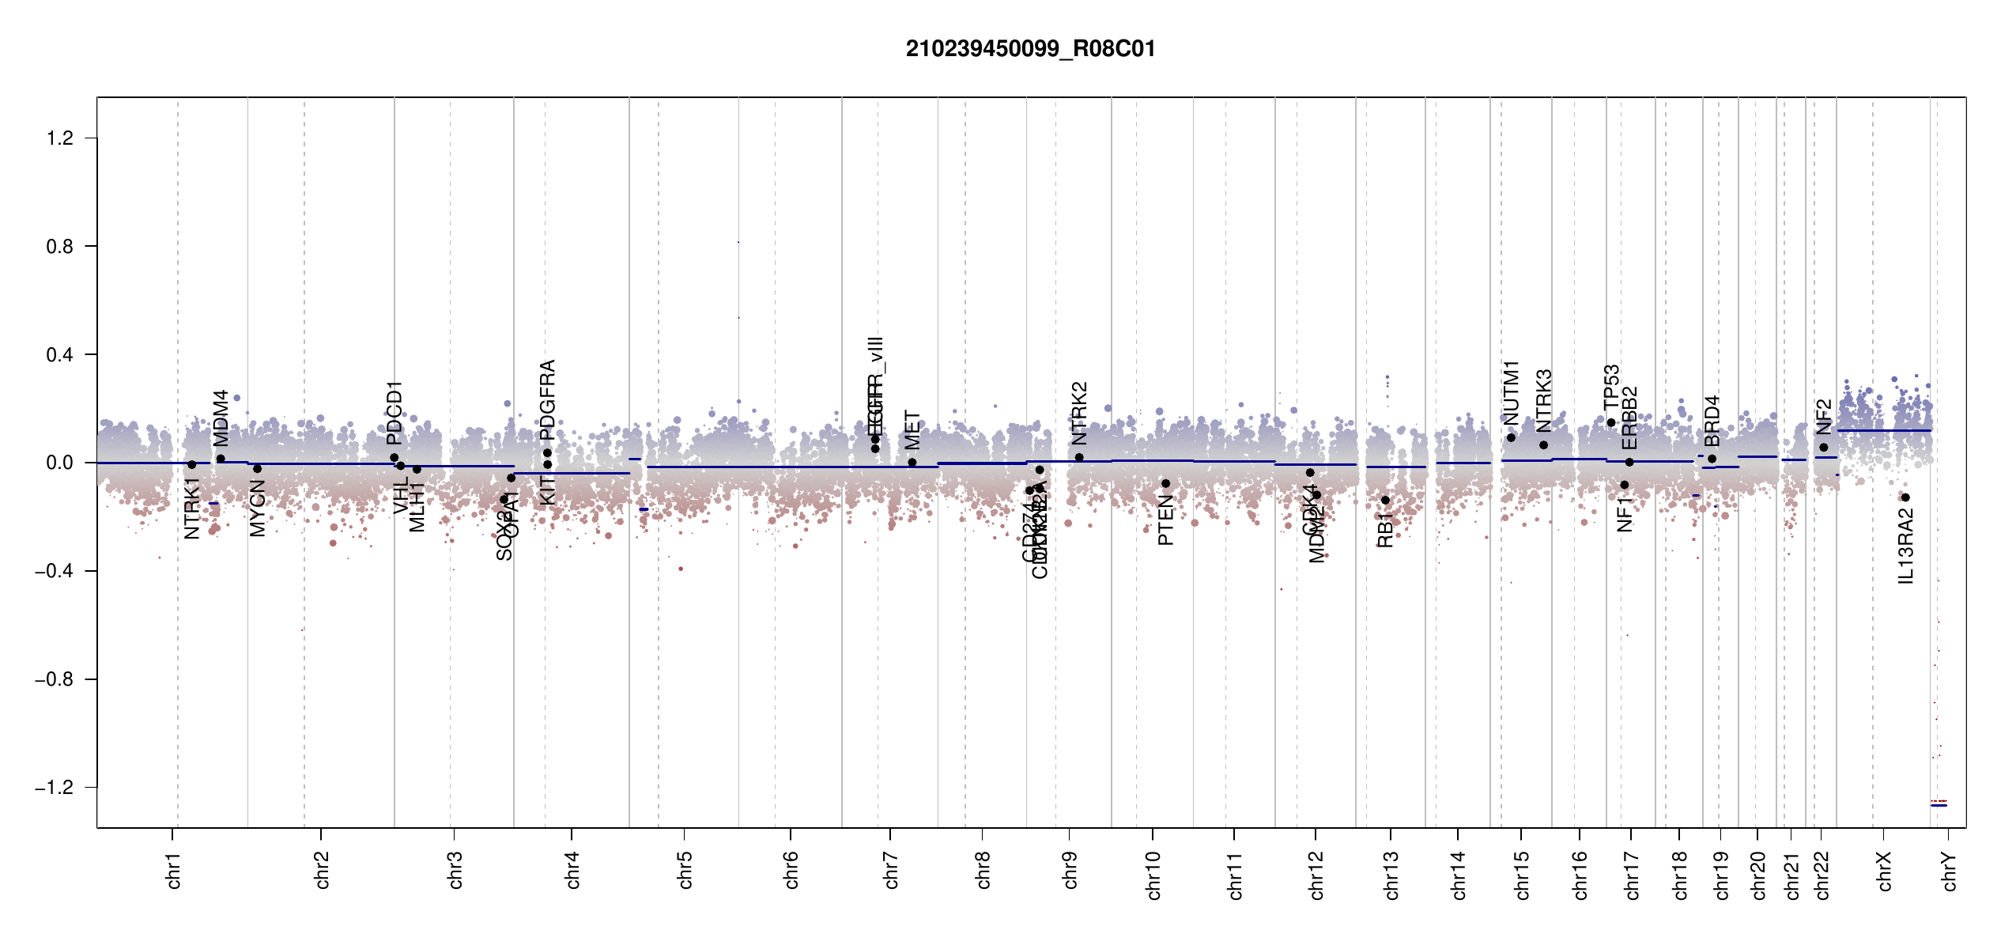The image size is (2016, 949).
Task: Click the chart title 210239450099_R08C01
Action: [1030, 49]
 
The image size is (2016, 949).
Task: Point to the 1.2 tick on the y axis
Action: [60, 138]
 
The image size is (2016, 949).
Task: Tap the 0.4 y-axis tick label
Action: [60, 355]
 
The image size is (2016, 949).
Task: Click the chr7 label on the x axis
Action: [891, 870]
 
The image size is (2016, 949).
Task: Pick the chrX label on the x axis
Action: [1884, 871]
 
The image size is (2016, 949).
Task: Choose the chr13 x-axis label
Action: [1391, 875]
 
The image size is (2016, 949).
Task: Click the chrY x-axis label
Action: [1950, 871]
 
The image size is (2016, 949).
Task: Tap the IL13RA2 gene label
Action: [1906, 546]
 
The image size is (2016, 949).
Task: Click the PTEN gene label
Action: [1165, 520]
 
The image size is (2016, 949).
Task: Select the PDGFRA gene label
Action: [547, 399]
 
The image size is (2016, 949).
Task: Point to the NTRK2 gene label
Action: [1079, 413]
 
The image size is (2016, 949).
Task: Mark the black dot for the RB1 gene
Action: [1385, 501]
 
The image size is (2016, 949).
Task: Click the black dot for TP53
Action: [1611, 423]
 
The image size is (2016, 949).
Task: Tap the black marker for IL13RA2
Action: [1905, 497]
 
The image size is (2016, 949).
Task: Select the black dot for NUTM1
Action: [1511, 438]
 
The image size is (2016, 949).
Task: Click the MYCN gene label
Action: [258, 509]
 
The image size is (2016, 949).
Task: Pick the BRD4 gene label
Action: [1712, 421]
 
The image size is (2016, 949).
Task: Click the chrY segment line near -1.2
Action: [1939, 805]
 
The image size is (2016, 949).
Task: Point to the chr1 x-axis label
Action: [174, 870]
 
